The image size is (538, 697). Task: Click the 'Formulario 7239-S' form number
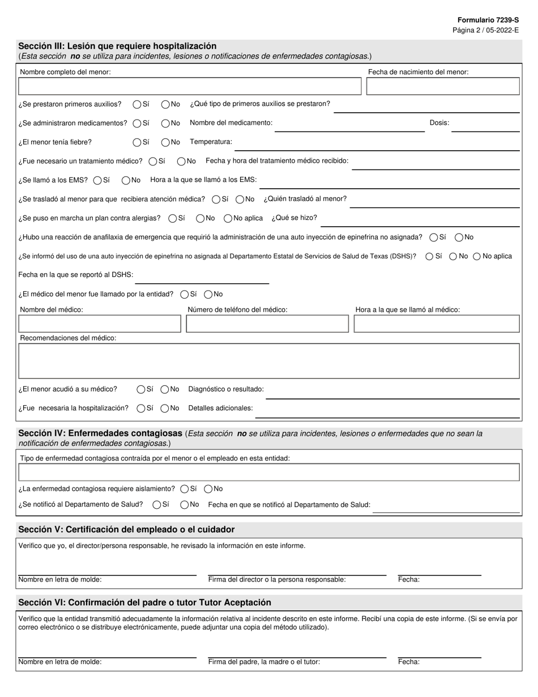tap(488, 20)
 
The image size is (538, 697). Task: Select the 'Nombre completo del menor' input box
tap(190, 86)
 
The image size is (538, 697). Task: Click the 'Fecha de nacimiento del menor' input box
tap(443, 86)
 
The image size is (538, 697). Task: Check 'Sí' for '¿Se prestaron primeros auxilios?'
tap(137, 104)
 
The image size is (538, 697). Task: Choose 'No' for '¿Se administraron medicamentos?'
tap(165, 123)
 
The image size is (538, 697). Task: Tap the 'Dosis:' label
tap(439, 122)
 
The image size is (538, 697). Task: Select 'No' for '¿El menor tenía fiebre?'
tap(165, 142)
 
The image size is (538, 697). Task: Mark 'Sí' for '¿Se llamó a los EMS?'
tap(97, 180)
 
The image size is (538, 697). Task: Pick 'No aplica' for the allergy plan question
tap(228, 218)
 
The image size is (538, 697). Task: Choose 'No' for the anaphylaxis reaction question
tap(459, 237)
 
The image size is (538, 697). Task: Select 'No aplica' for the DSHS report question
tap(477, 256)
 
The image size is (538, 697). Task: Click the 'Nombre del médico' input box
tap(100, 324)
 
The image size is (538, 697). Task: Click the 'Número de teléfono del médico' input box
tap(267, 324)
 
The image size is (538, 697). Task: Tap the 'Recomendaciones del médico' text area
tap(269, 361)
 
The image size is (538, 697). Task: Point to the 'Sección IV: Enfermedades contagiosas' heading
tap(100, 433)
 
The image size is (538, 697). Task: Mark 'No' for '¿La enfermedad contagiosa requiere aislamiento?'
tap(208, 488)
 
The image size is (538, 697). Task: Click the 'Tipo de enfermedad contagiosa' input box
tap(269, 472)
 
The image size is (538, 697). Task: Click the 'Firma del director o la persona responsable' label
tap(277, 579)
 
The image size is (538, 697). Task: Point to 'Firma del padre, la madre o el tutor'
tap(264, 661)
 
